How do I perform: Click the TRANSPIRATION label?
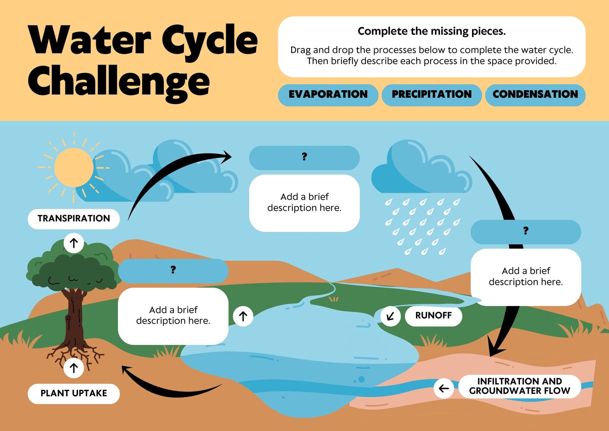[74, 219]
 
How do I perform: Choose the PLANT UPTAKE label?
[74, 394]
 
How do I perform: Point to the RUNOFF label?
[434, 316]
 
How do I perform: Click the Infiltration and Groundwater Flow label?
[520, 386]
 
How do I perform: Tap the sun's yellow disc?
[74, 167]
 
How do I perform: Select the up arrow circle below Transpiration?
[74, 243]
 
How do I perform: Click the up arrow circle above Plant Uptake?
[74, 368]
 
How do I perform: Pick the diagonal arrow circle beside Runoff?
[391, 316]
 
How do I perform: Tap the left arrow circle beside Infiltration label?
[444, 388]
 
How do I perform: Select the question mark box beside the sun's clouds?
[304, 158]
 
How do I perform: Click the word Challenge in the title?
[119, 81]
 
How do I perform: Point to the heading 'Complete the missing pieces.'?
[432, 31]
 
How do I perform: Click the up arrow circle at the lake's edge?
[243, 316]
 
